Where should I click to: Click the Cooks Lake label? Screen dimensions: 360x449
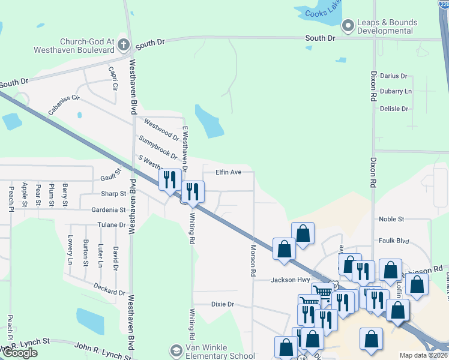(324, 11)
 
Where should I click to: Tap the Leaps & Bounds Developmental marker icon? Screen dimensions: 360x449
(348, 26)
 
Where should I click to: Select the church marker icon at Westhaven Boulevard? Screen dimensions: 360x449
(123, 44)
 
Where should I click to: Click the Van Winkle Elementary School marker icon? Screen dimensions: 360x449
(176, 350)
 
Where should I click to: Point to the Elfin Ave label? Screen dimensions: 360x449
(229, 172)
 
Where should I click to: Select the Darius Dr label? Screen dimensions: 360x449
(394, 76)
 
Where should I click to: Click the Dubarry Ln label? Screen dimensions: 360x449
(396, 91)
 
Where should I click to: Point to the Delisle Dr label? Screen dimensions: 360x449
(394, 109)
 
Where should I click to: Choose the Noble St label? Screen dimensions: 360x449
(392, 220)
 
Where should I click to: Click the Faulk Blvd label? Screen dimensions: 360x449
(394, 241)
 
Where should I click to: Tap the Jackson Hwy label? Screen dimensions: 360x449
(291, 280)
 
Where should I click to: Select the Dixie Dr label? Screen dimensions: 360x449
(222, 304)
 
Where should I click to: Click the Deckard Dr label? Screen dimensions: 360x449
(109, 289)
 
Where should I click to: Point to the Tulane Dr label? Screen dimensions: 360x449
(112, 225)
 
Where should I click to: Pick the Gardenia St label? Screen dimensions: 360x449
(108, 210)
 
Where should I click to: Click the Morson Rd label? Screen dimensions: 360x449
(253, 260)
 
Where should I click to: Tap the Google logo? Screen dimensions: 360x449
(20, 353)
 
